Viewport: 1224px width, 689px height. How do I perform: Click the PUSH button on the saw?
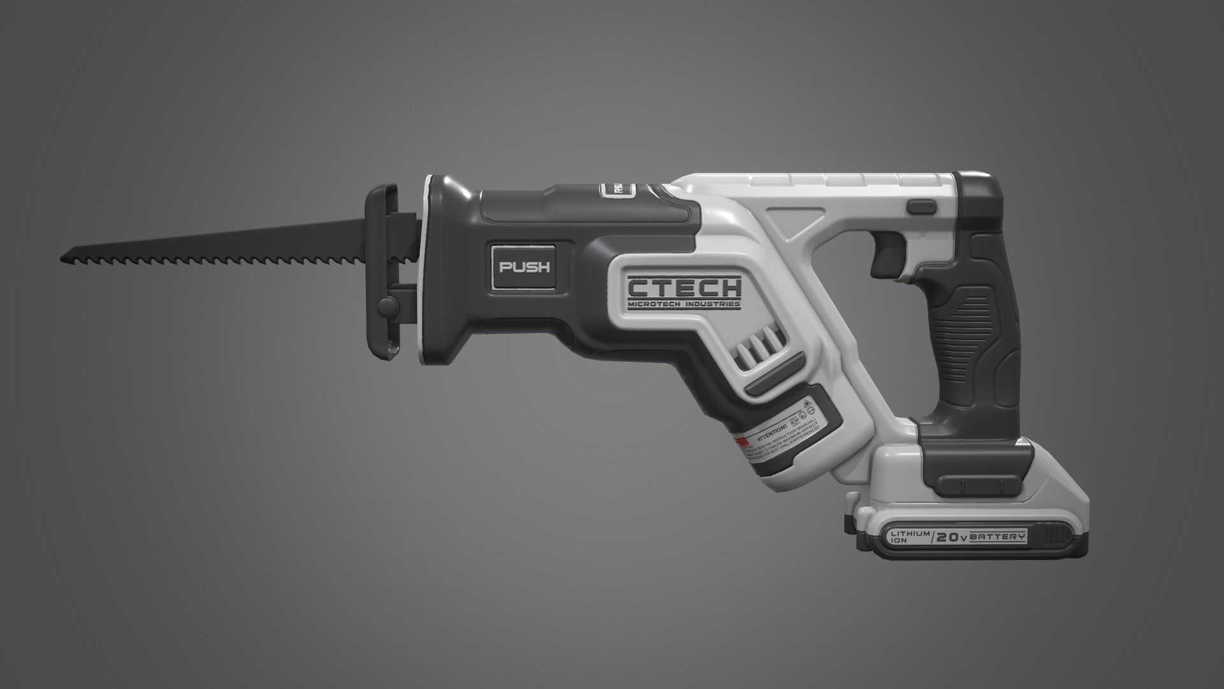[524, 267]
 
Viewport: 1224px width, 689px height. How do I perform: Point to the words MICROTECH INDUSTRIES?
[684, 304]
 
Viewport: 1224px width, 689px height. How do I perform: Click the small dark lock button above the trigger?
[921, 206]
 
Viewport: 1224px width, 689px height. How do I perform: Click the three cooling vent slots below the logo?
[759, 348]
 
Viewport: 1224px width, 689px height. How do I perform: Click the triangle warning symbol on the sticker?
[807, 404]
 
